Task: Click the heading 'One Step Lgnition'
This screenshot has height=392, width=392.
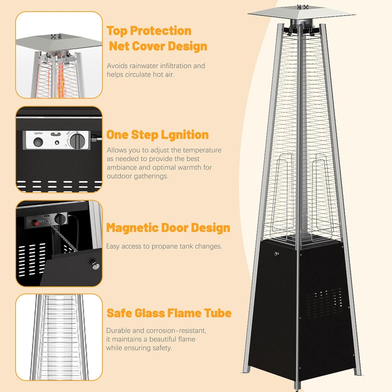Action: pos(157,135)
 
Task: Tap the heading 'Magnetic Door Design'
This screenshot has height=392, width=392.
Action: pos(168,228)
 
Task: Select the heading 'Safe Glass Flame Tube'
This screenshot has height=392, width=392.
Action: pos(169,313)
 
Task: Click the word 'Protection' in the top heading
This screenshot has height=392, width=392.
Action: pos(161,31)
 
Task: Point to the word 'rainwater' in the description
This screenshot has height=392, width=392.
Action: pos(146,66)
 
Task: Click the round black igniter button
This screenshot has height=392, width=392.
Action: pos(38,142)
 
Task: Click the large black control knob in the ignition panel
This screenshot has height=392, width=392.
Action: pos(77,142)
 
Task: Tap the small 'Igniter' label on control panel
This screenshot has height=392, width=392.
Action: pos(39,133)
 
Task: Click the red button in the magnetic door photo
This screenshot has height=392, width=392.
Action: pos(36,223)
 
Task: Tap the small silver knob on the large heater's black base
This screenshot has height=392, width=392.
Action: pos(276,254)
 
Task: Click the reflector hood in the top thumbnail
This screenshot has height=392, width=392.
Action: pos(58,42)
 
